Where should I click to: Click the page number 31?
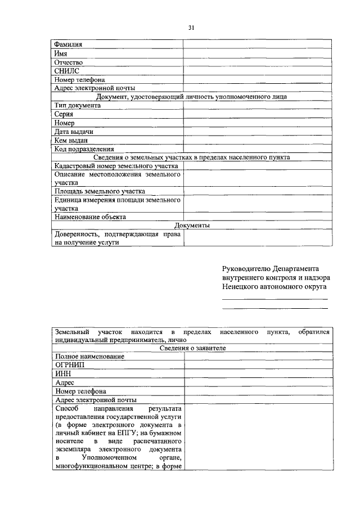click(191, 28)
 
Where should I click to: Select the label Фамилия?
click(69, 44)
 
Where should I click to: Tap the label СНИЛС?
click(67, 71)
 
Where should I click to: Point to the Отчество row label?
click(69, 62)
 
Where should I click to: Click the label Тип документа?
click(78, 105)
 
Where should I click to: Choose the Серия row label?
click(64, 114)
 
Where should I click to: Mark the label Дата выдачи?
click(74, 132)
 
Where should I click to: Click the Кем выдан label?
click(71, 141)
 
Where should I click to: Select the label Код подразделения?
click(84, 149)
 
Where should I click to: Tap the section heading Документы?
click(192, 225)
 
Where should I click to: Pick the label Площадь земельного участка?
click(100, 191)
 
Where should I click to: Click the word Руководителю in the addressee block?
click(246, 268)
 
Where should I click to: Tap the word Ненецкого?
click(241, 286)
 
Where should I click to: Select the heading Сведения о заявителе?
click(192, 348)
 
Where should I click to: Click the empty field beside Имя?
click(256, 53)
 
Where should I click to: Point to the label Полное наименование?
click(89, 357)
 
